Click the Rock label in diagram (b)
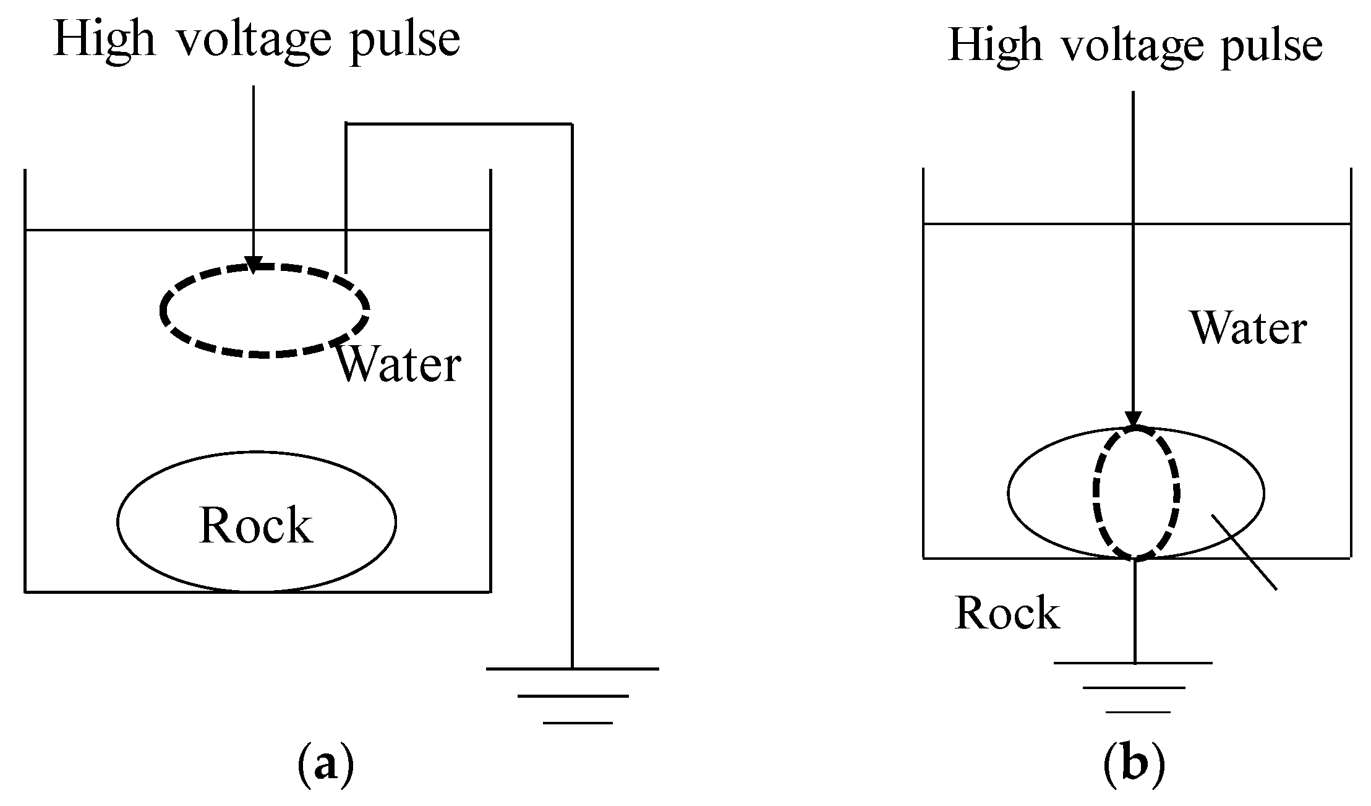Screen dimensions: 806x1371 coord(1007,613)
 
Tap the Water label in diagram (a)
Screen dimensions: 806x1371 coord(398,366)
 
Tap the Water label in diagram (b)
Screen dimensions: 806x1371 coord(1248,328)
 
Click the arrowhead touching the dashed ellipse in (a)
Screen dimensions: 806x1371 coord(253,265)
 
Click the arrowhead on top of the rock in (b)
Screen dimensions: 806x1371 coord(1133,420)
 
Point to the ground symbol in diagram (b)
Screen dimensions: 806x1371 coord(1134,687)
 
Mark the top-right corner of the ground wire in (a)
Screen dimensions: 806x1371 coord(571,124)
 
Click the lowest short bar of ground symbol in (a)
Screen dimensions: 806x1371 coord(578,722)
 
